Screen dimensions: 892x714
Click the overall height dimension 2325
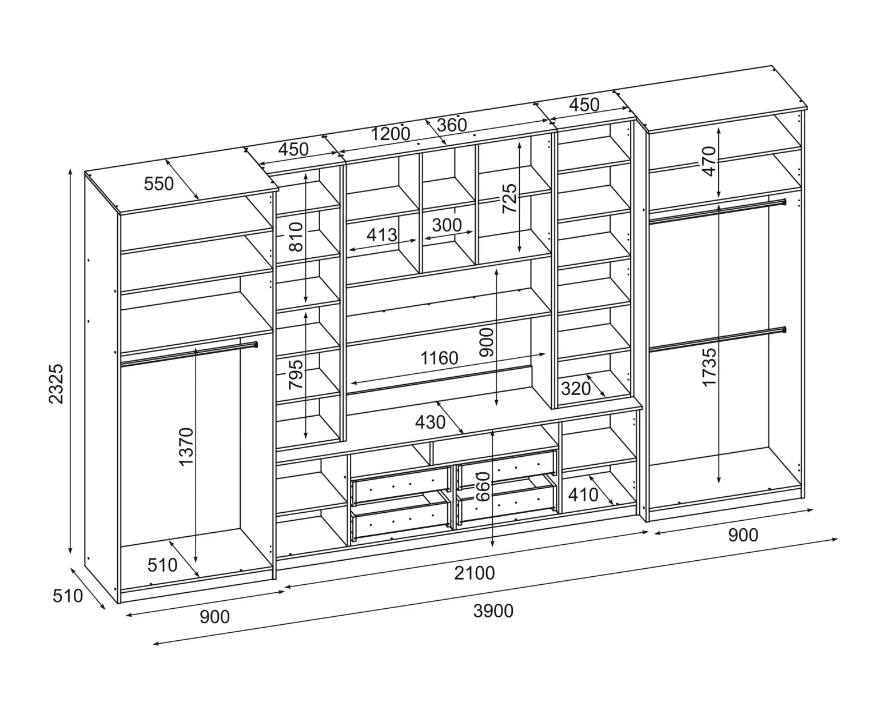point(56,384)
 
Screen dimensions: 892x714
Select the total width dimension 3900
point(493,611)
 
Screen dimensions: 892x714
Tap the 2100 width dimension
point(475,573)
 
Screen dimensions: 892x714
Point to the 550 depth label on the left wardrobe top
point(159,184)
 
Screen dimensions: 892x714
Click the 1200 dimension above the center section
point(390,134)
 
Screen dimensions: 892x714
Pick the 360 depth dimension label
point(452,125)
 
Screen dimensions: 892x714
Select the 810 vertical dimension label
point(296,237)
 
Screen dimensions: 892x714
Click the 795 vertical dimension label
point(296,374)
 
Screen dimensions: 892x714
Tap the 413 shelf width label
point(382,236)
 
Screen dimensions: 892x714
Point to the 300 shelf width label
point(447,225)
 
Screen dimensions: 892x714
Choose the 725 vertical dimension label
point(509,198)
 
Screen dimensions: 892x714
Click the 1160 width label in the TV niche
point(439,358)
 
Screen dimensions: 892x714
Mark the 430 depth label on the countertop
point(430,422)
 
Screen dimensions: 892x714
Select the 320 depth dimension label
point(576,389)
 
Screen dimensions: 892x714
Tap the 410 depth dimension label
point(583,495)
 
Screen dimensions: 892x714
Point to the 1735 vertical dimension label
point(709,368)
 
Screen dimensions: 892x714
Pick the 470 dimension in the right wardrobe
point(709,161)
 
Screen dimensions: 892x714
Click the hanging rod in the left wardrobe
point(189,354)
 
